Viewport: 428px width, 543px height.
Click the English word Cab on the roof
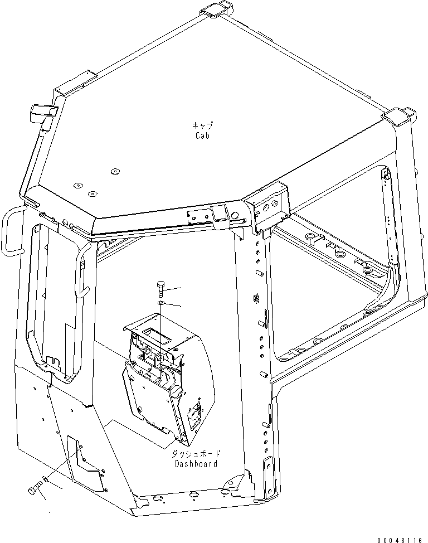point(202,135)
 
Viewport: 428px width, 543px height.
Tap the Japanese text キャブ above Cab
point(202,126)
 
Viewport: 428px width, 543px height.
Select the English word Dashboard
point(196,463)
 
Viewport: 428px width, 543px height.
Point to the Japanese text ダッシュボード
point(195,454)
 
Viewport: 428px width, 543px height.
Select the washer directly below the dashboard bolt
point(160,303)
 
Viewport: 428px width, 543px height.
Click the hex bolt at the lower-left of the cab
point(35,488)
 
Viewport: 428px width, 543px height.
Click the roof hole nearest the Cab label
point(115,171)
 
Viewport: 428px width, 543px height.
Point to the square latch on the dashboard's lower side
point(195,415)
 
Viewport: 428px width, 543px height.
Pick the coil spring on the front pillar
point(256,298)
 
